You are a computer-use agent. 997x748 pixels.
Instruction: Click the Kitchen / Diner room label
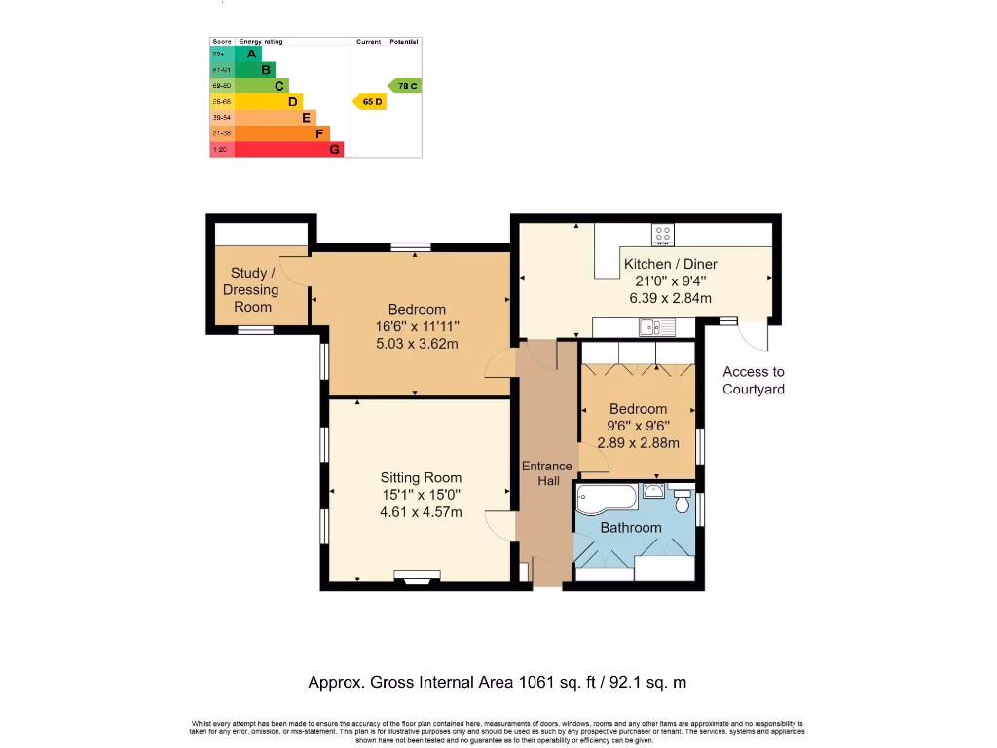click(x=670, y=264)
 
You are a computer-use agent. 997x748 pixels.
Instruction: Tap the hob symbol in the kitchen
click(x=663, y=235)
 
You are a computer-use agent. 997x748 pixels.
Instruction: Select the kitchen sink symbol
click(x=651, y=328)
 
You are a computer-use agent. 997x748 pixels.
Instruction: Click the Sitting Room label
click(x=421, y=478)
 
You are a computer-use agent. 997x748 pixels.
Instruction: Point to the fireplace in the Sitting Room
click(x=416, y=578)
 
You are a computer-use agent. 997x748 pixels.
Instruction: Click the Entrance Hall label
click(x=547, y=473)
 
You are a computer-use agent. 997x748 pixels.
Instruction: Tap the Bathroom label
click(x=630, y=528)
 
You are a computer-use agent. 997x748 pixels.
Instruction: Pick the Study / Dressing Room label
click(x=252, y=290)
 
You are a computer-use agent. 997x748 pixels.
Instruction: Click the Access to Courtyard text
click(x=753, y=381)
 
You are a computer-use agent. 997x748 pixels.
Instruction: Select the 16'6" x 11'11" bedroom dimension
click(x=417, y=327)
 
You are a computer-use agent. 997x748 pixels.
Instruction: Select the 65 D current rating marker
click(x=368, y=101)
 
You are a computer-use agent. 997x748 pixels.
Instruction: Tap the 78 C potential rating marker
click(x=404, y=86)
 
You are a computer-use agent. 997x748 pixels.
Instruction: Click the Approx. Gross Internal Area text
click(x=497, y=683)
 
